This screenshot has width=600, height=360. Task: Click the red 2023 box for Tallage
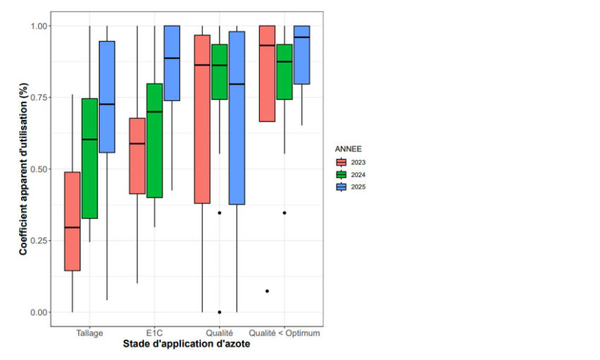coord(72,221)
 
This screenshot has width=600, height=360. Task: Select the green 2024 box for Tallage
coord(90,158)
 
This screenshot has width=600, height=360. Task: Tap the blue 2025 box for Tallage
coord(107,97)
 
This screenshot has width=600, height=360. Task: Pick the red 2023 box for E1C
coord(137,155)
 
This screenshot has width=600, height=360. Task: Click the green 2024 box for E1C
coord(154,140)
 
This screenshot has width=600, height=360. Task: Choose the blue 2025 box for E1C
coord(172,63)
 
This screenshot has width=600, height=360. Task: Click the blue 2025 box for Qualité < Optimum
coord(301,55)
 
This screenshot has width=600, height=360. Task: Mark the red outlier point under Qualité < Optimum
coord(267,291)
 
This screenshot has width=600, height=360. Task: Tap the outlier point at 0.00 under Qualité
coord(220,312)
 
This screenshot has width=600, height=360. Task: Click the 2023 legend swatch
coord(341,162)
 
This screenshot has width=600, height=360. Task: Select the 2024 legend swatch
coord(341,174)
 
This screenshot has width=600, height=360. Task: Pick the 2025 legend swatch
coord(341,187)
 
